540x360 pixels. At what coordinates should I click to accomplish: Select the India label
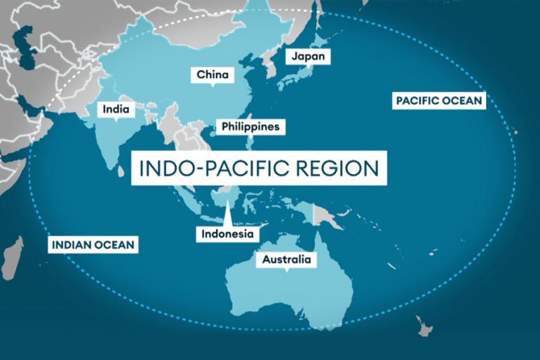point(115,109)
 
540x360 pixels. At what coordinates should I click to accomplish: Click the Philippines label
point(250,126)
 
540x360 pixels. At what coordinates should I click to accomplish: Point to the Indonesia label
point(227,234)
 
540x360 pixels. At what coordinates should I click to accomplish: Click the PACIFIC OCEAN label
point(438,100)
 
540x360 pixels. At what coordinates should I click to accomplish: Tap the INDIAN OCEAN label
point(93,245)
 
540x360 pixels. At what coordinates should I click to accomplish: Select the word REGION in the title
point(336,169)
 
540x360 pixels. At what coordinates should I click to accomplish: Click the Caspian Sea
point(28,42)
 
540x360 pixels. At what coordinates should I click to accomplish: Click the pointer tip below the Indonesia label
point(227,209)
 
